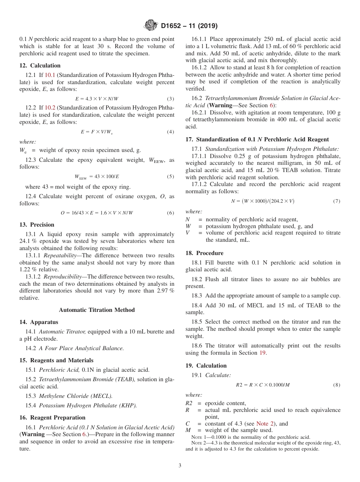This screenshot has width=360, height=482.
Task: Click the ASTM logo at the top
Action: coord(151,26)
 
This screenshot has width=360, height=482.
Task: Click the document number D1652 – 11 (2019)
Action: coord(189,26)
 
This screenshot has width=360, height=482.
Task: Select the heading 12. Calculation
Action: coord(40,66)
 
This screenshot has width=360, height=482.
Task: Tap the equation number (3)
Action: coord(171,99)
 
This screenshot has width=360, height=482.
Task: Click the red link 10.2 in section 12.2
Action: coord(50,108)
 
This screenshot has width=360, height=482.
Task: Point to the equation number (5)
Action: coord(171,177)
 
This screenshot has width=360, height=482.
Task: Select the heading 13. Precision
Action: coord(37,225)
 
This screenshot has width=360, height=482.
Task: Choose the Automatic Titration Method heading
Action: coord(97,310)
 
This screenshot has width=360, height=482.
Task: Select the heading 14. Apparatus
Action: coord(39,322)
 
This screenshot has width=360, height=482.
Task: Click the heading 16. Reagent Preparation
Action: coord(52,418)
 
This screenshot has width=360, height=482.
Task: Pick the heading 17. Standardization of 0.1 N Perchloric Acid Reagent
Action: coord(257,139)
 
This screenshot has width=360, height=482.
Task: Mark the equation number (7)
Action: coord(337,201)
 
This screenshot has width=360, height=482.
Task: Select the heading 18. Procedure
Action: coord(204,253)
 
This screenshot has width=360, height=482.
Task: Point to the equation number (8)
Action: coord(337,385)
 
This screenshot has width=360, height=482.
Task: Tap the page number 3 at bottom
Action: coord(180,465)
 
